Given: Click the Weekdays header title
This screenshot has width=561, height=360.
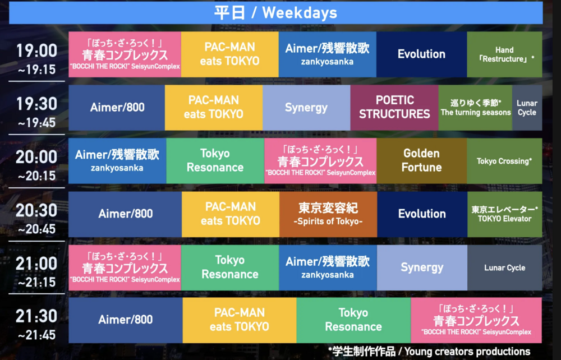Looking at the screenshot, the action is pyautogui.click(x=275, y=13).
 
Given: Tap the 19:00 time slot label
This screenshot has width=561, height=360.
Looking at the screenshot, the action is pyautogui.click(x=36, y=58).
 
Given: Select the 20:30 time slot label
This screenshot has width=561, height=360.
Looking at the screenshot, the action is pyautogui.click(x=36, y=218).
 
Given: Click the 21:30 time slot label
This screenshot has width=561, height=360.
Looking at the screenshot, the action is pyautogui.click(x=36, y=324).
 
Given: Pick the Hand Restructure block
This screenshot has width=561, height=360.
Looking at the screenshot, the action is pyautogui.click(x=504, y=54).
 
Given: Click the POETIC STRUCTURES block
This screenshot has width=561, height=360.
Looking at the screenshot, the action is pyautogui.click(x=394, y=108).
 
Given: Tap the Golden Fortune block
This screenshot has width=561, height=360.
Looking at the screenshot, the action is pyautogui.click(x=421, y=161).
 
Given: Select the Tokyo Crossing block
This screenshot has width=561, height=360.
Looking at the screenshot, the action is pyautogui.click(x=504, y=161).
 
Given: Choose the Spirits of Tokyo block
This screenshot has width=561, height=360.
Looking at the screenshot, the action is pyautogui.click(x=328, y=214).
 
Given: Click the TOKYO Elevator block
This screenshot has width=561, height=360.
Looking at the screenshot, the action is pyautogui.click(x=505, y=214).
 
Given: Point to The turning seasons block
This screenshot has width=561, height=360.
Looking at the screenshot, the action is pyautogui.click(x=475, y=108).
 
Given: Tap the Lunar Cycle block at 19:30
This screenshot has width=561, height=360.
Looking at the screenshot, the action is pyautogui.click(x=527, y=108).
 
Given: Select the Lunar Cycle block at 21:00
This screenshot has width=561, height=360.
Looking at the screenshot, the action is pyautogui.click(x=504, y=267).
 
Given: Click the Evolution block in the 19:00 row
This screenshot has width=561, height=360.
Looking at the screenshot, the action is pyautogui.click(x=421, y=54).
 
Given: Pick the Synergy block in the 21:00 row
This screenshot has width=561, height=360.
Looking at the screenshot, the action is pyautogui.click(x=422, y=267).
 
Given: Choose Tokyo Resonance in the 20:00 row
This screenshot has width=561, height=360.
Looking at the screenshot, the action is pyautogui.click(x=215, y=161).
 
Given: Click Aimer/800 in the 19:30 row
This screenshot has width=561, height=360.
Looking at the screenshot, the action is pyautogui.click(x=117, y=108).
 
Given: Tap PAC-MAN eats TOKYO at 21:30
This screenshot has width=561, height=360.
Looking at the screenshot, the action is pyautogui.click(x=240, y=320).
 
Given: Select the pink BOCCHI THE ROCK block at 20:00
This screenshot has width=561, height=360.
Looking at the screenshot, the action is pyautogui.click(x=320, y=161).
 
